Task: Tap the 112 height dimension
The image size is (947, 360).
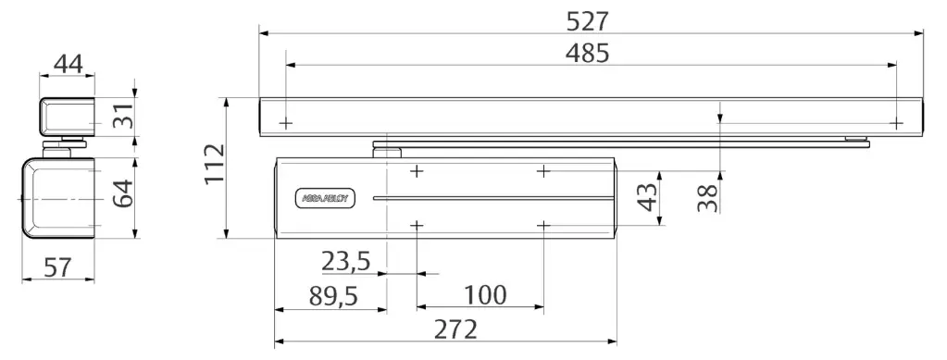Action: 214,164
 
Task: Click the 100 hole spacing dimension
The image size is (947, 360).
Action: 485,295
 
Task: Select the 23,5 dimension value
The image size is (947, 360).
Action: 346,262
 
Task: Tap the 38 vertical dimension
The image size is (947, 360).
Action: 708,197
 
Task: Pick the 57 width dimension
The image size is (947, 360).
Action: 58,267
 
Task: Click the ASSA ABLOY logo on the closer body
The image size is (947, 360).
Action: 321,199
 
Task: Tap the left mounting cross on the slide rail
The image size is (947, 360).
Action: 286,122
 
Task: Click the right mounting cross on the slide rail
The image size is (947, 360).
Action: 895,122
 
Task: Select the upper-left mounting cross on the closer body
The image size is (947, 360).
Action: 417,171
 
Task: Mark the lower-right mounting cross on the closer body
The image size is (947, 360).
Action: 543,225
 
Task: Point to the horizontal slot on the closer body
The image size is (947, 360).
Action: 491,198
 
